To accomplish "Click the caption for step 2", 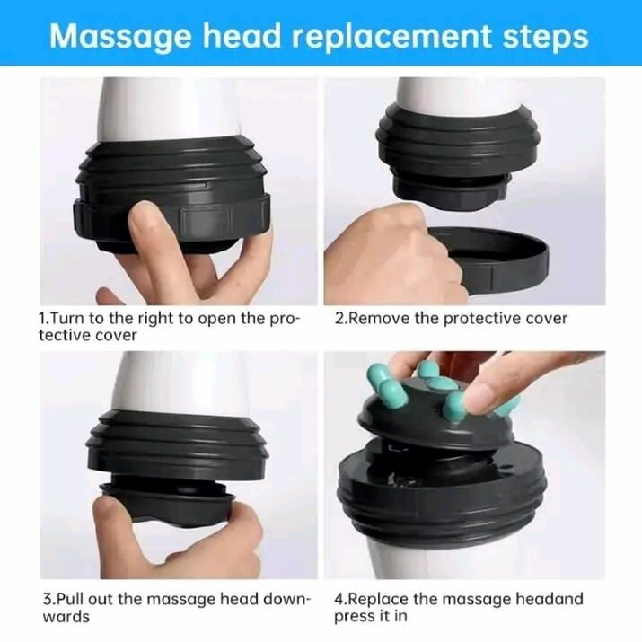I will point(451,319).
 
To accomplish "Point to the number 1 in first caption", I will point(41,319).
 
